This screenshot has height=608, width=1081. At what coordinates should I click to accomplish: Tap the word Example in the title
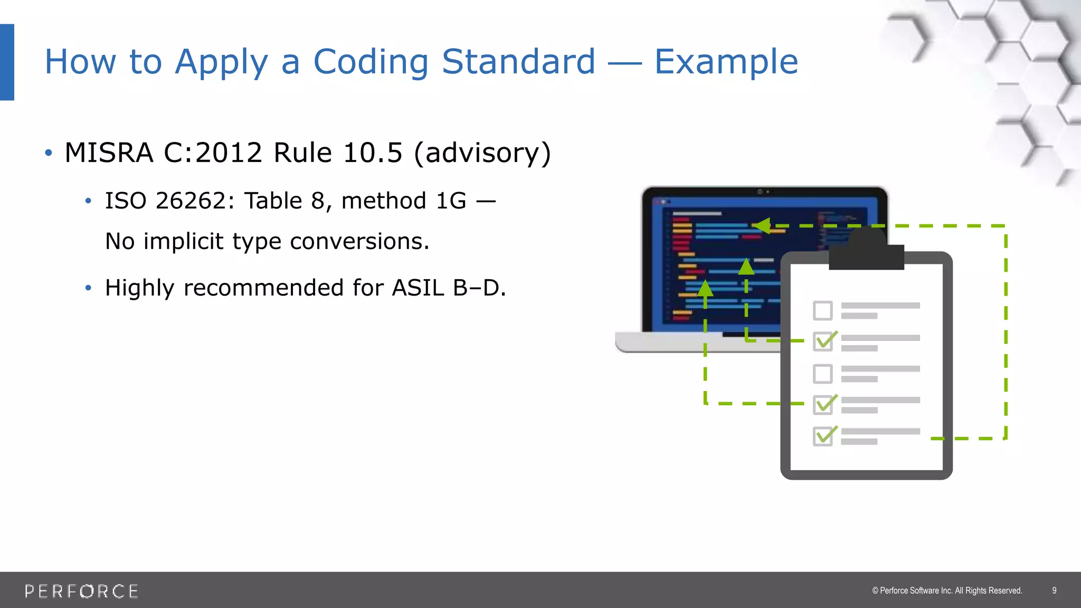726,62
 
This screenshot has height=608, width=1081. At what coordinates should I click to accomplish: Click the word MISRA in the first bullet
109,153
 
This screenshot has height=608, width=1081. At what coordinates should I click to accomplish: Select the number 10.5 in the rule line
373,153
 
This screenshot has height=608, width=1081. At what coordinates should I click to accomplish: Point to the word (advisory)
482,153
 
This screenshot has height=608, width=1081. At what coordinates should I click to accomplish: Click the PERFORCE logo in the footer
82,591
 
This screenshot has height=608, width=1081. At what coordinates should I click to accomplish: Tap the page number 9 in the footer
1054,591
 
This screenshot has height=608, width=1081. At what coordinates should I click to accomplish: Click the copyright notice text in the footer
947,591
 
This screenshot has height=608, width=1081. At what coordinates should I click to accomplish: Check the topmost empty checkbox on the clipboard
822,311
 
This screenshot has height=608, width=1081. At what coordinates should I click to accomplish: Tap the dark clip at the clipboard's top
866,252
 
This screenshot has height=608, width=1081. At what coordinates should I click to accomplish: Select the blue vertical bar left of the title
7,62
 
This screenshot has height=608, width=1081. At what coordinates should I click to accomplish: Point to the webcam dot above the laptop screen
760,192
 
